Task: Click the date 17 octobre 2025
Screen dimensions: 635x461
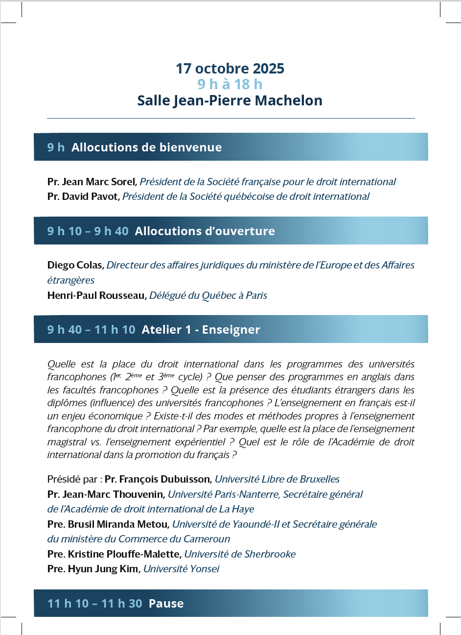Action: click(x=230, y=69)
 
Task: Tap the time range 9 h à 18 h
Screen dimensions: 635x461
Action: click(x=230, y=84)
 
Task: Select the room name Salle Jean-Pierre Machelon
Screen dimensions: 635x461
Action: click(x=230, y=100)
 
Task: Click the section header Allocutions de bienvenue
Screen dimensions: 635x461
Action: click(x=146, y=147)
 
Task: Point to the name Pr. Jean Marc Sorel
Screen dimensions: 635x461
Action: click(x=91, y=182)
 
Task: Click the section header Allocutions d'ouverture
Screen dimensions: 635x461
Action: click(x=205, y=231)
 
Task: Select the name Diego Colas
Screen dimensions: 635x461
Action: click(x=75, y=265)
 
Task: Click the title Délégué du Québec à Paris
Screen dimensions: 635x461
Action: click(x=208, y=295)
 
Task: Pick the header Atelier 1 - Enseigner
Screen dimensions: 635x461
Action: click(x=201, y=330)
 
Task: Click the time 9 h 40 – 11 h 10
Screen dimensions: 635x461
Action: click(x=91, y=330)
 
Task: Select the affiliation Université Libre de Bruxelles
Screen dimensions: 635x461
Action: click(x=277, y=479)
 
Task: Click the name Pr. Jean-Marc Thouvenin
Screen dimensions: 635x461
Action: click(x=106, y=494)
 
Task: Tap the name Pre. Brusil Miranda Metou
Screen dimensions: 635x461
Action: click(x=108, y=524)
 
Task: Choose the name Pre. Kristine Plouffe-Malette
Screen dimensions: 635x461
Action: click(x=115, y=554)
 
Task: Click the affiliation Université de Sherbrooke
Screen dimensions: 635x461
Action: click(x=240, y=554)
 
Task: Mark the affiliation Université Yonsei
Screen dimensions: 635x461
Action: click(x=181, y=569)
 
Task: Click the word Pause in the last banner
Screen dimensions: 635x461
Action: click(x=166, y=604)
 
